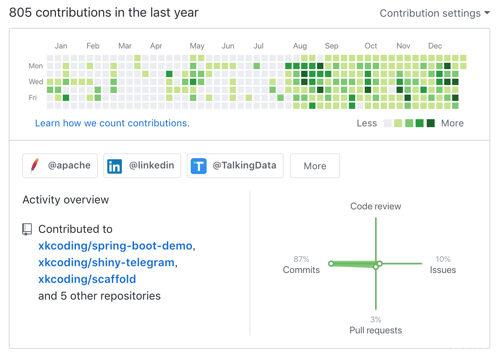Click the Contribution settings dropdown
[435, 13]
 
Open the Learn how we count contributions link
[112, 123]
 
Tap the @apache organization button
[60, 166]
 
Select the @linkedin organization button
[142, 166]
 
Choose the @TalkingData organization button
[235, 166]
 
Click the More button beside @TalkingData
[315, 166]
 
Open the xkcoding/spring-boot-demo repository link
[115, 246]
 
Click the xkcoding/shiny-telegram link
[106, 263]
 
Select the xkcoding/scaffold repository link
[87, 279]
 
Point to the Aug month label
[300, 46]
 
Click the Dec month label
[435, 46]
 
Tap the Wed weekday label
[36, 82]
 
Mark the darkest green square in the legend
[431, 123]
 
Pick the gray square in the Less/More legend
[388, 123]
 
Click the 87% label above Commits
[301, 259]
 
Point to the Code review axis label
[375, 206]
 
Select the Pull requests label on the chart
[375, 330]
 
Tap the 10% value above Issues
[443, 259]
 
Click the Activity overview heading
[66, 199]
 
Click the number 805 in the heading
[21, 13]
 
